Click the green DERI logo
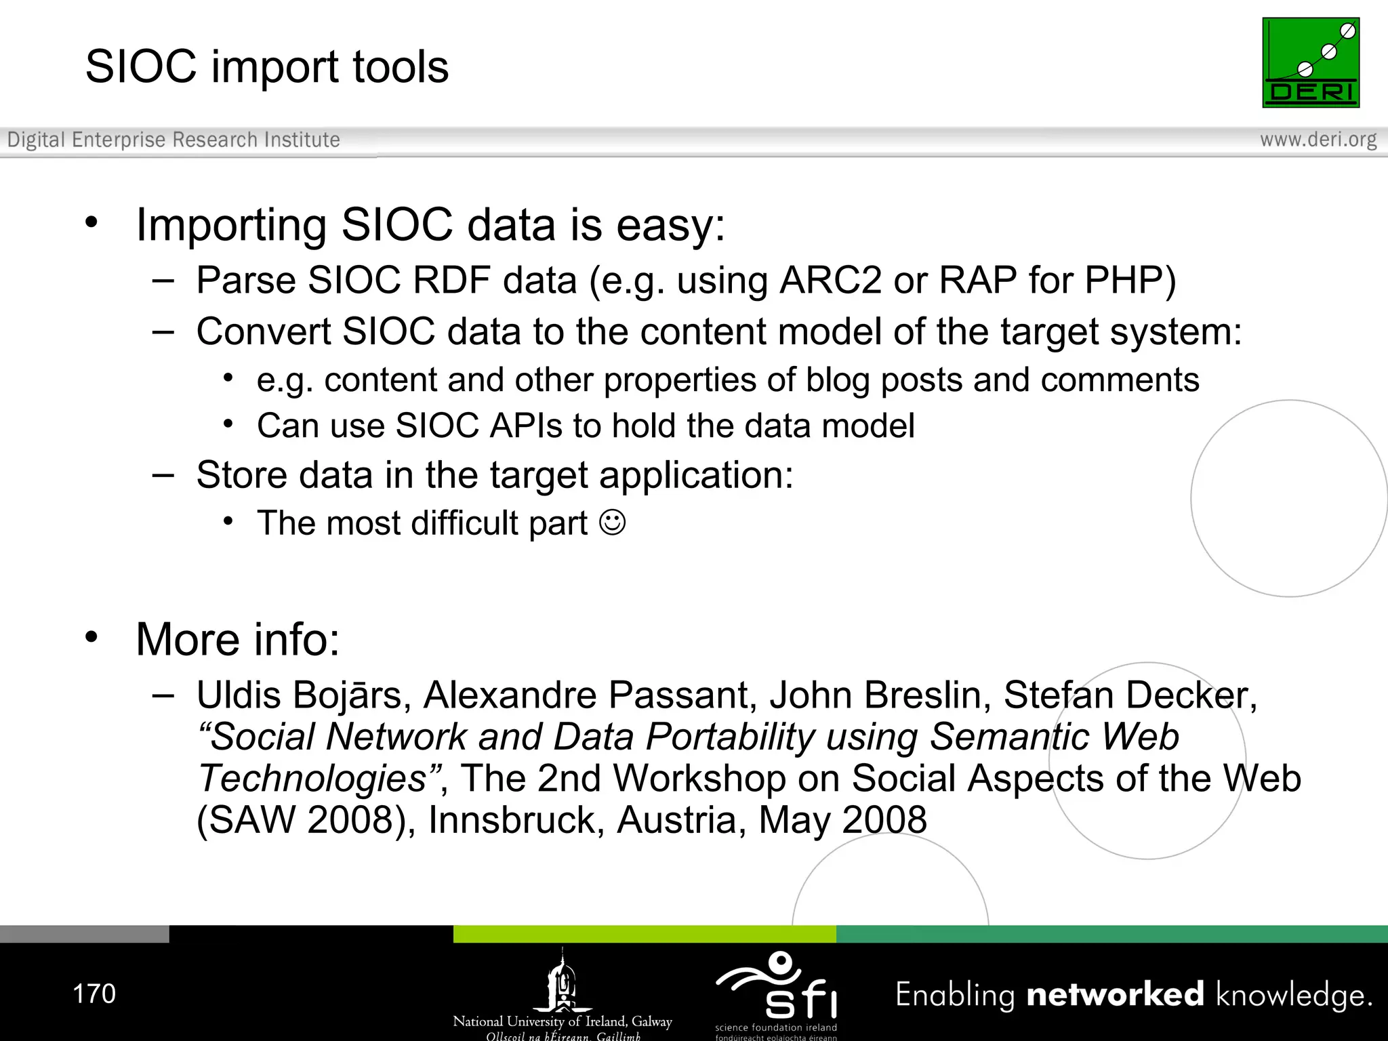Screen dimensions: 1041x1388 pyautogui.click(x=1310, y=62)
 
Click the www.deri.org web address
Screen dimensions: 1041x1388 pyautogui.click(x=1318, y=140)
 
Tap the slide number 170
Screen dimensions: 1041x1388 pyautogui.click(x=94, y=994)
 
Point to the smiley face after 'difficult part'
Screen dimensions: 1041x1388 pyautogui.click(x=613, y=523)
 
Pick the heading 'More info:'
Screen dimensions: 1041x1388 pyautogui.click(x=237, y=639)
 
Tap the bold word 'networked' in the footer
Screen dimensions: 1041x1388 pyautogui.click(x=1115, y=994)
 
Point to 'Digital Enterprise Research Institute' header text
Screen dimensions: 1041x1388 pyautogui.click(x=173, y=140)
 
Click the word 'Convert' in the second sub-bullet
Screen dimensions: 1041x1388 pyautogui.click(x=264, y=332)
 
